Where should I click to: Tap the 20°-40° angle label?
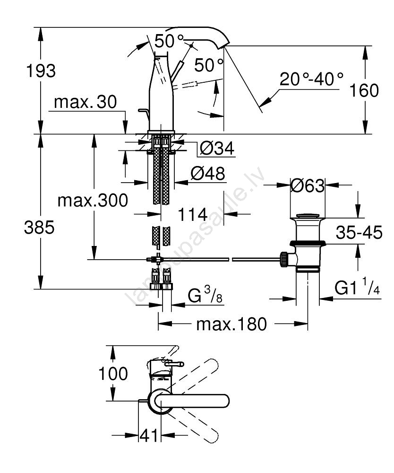click(311, 79)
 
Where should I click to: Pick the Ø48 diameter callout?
click(208, 174)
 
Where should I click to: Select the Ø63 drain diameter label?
click(308, 186)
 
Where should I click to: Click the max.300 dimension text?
click(93, 201)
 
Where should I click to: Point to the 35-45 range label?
click(359, 233)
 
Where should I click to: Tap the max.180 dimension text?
click(231, 324)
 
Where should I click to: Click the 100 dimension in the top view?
click(113, 374)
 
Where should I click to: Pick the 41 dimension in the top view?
click(150, 436)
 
